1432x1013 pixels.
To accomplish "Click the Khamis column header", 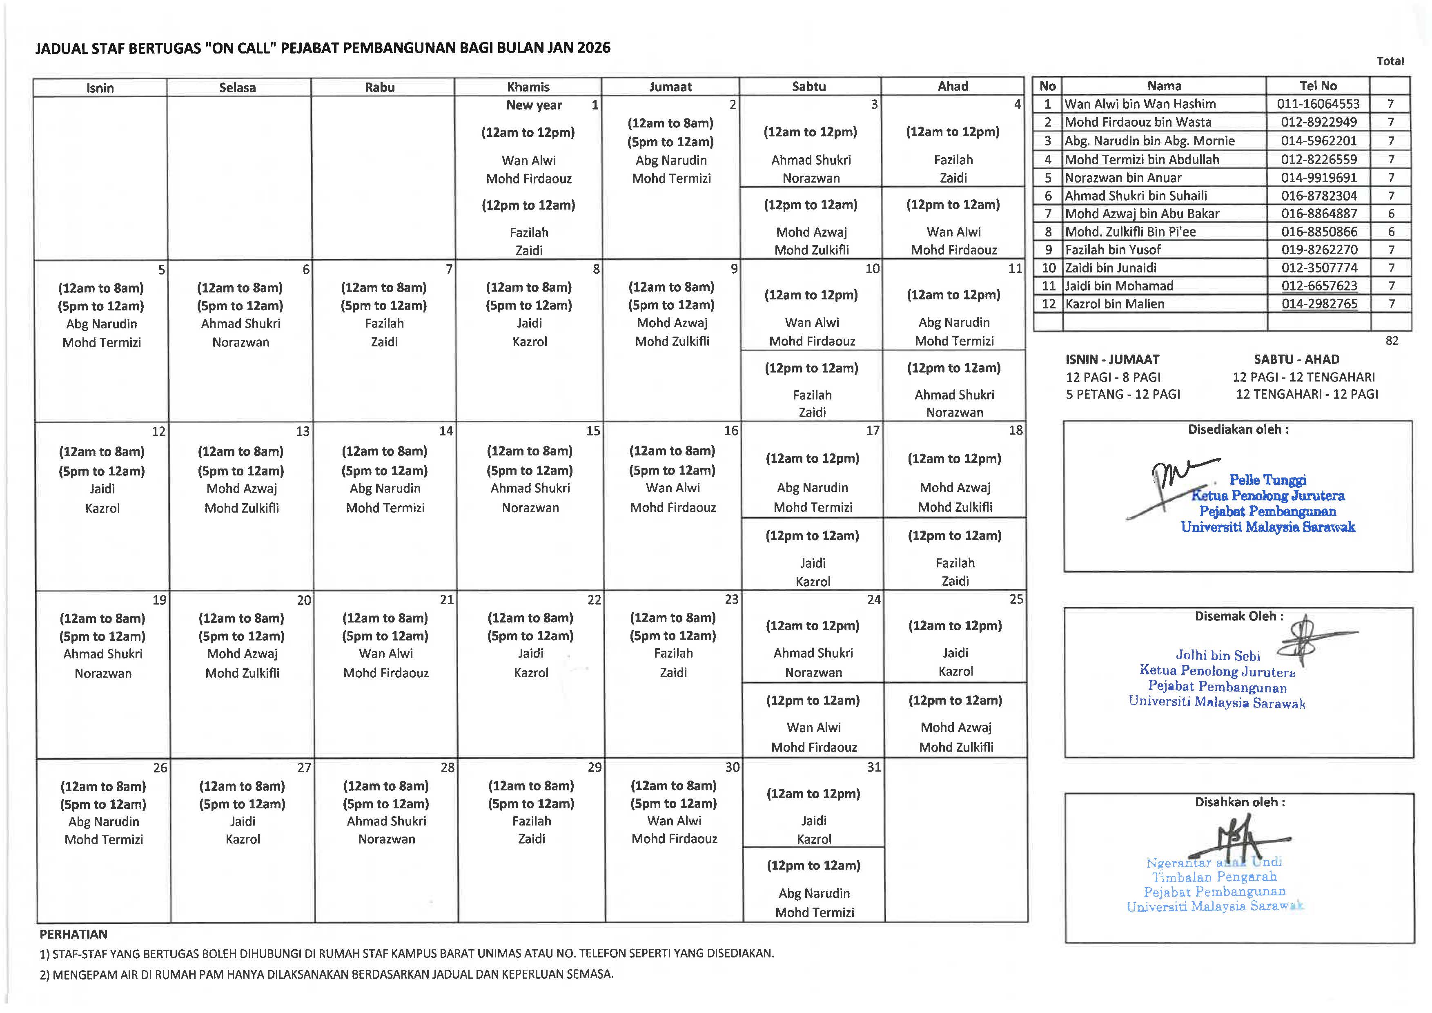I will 528,87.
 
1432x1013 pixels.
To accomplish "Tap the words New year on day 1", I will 534,105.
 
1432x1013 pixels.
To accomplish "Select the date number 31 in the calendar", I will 874,767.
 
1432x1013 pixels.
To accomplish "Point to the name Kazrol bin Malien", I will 1115,304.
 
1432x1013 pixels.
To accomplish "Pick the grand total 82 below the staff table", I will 1392,341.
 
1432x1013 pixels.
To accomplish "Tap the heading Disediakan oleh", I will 1238,430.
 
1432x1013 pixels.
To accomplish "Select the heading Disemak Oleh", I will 1238,616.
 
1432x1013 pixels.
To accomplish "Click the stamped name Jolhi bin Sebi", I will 1218,656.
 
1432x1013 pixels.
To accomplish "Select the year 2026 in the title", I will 593,48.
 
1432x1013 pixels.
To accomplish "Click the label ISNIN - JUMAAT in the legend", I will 1112,359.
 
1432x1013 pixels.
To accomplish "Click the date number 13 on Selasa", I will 303,431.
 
